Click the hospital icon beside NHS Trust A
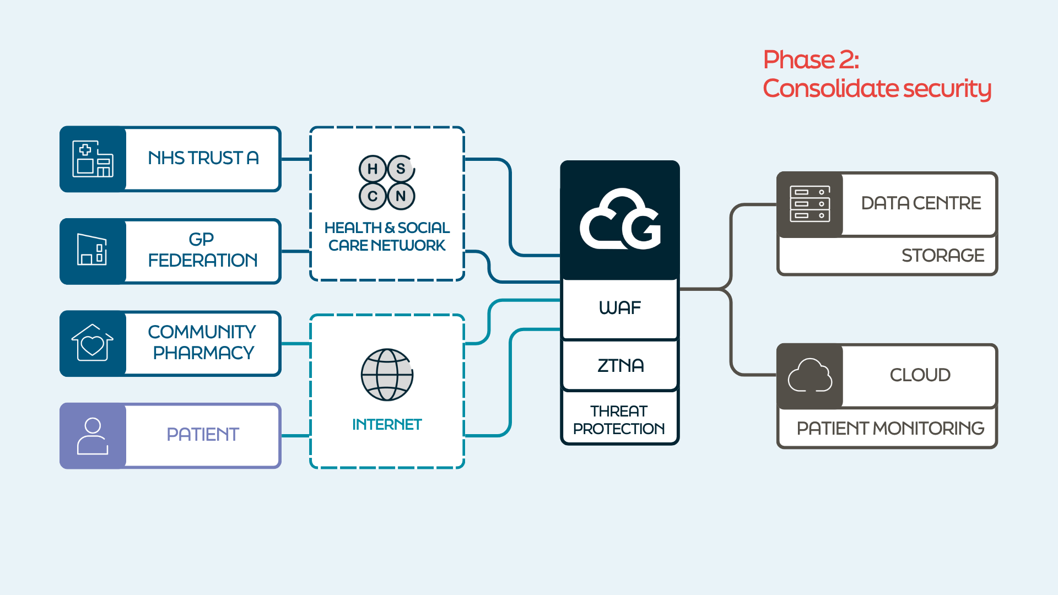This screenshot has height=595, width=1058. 93,159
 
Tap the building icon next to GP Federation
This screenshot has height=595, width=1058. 92,251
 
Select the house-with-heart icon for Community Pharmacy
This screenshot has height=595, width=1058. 93,343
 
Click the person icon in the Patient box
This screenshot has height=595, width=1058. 93,436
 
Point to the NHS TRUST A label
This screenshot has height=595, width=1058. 203,158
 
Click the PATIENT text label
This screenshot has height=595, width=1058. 203,435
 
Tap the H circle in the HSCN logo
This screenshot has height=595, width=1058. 373,169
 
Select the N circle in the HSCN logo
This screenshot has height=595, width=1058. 401,196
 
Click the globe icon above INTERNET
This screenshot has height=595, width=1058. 387,375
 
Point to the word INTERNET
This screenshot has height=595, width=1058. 387,424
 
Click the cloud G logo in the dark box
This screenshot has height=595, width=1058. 620,220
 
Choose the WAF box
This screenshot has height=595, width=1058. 620,308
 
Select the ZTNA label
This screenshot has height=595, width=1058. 620,365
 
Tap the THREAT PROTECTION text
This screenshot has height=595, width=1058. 619,420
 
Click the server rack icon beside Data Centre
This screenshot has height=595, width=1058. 809,204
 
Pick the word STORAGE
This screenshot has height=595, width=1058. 943,256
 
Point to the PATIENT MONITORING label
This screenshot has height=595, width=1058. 890,428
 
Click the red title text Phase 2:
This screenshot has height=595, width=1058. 811,59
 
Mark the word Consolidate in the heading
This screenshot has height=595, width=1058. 830,89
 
